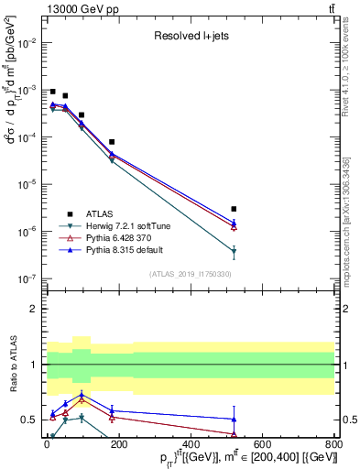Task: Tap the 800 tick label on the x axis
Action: (x=334, y=445)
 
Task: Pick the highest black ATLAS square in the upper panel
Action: (x=53, y=92)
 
